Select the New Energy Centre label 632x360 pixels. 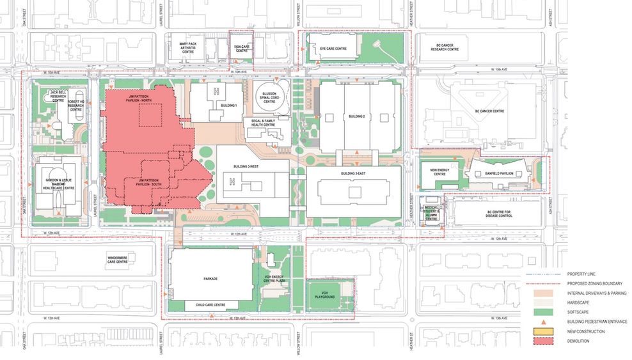pyautogui.click(x=439, y=172)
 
